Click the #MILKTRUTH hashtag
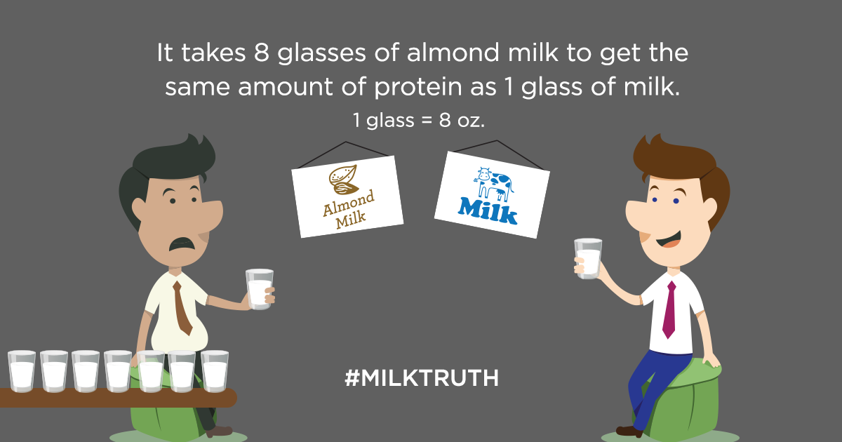422,378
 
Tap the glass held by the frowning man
260,288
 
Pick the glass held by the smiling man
588,258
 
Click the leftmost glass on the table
22,371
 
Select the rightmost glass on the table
215,371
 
